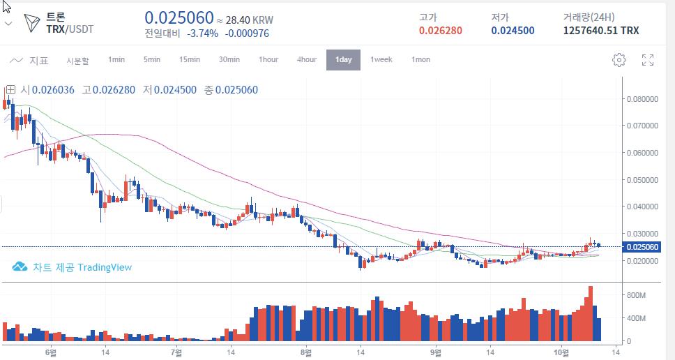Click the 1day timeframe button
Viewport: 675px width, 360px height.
coord(343,60)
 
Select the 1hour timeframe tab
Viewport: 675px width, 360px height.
coord(268,60)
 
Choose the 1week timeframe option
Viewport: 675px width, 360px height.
coord(381,60)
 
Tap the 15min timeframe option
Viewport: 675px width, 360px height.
coord(190,60)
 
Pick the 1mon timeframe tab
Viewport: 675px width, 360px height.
coord(420,60)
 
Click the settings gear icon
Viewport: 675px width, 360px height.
coord(619,60)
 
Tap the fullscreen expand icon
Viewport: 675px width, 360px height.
coord(647,60)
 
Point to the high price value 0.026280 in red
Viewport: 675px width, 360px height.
coord(440,31)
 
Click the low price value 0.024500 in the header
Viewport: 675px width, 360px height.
coord(513,31)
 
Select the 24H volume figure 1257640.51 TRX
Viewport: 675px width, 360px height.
coord(600,31)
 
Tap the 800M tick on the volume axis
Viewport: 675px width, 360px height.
coord(637,296)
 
